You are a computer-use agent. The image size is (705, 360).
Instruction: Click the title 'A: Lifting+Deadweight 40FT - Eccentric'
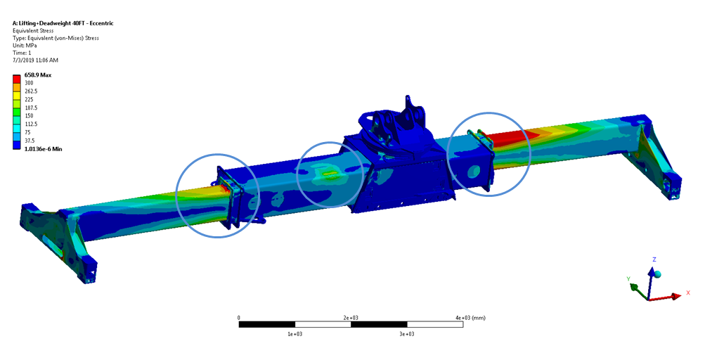(x=63, y=23)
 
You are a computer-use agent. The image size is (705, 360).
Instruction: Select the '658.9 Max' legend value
(x=38, y=75)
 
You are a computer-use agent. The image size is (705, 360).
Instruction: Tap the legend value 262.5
(x=32, y=91)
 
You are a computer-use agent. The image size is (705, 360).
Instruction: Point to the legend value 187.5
(x=32, y=108)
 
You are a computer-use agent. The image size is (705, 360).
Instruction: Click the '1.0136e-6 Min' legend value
(x=43, y=149)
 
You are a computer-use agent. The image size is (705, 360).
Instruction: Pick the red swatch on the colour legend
(x=17, y=78)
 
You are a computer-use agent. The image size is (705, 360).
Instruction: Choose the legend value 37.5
(x=30, y=141)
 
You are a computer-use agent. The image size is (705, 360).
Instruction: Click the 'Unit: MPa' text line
(x=25, y=46)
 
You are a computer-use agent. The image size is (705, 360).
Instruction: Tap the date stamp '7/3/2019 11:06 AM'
(x=36, y=60)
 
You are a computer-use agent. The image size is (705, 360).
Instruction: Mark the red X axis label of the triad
(x=688, y=293)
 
